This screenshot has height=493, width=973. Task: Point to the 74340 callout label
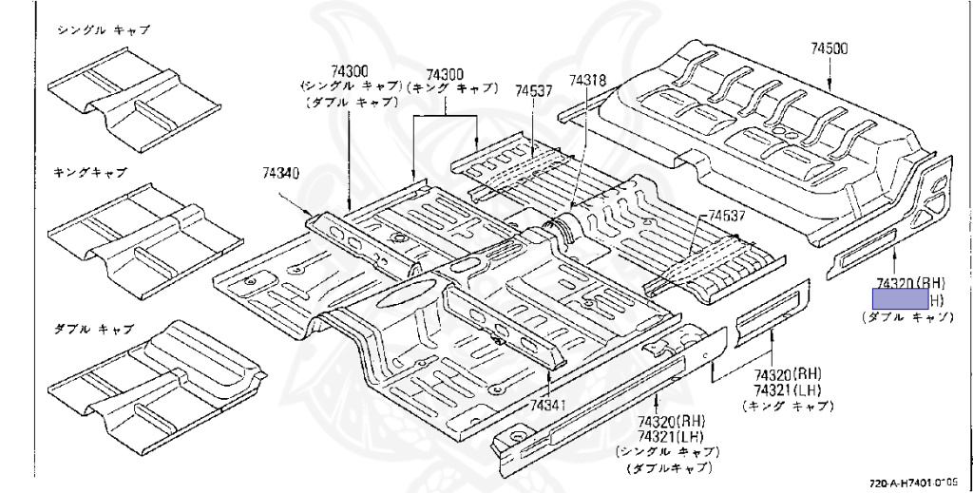pyautogui.click(x=281, y=173)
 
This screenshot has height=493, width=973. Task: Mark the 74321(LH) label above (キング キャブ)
pyautogui.click(x=789, y=389)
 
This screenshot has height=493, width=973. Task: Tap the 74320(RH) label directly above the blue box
pyautogui.click(x=909, y=283)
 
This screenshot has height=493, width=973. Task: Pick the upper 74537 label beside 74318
pyautogui.click(x=534, y=90)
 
